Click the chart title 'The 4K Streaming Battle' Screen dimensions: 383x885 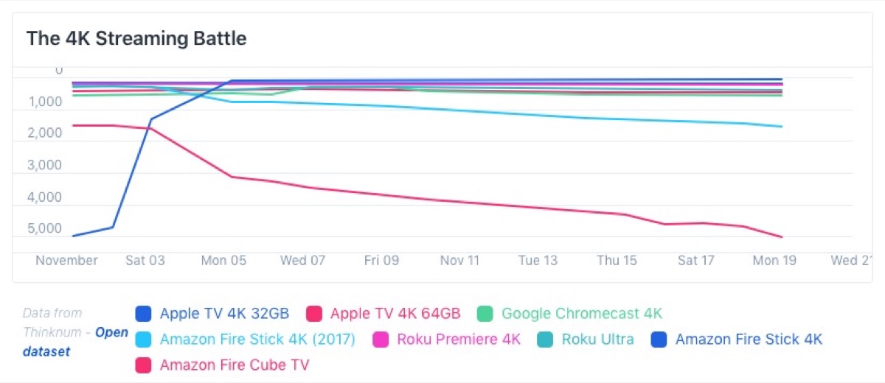pyautogui.click(x=136, y=38)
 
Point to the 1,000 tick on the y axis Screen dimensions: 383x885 pyautogui.click(x=46, y=102)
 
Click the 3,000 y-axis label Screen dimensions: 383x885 pyautogui.click(x=46, y=165)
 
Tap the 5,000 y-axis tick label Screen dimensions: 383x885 pyautogui.click(x=46, y=228)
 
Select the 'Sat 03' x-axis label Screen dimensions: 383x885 pyautogui.click(x=145, y=261)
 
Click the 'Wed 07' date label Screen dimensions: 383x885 pyautogui.click(x=302, y=261)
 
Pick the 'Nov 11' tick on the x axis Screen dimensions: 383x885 pyautogui.click(x=459, y=261)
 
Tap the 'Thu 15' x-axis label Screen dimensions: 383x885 pyautogui.click(x=617, y=261)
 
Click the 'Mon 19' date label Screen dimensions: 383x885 pyautogui.click(x=775, y=261)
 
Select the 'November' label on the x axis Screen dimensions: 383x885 pyautogui.click(x=67, y=261)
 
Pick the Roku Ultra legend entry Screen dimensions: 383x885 pyautogui.click(x=597, y=340)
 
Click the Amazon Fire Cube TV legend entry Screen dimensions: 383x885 pyautogui.click(x=234, y=365)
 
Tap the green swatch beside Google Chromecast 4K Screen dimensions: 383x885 pyautogui.click(x=485, y=314)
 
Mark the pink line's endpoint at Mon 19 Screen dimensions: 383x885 pyautogui.click(x=782, y=237)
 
